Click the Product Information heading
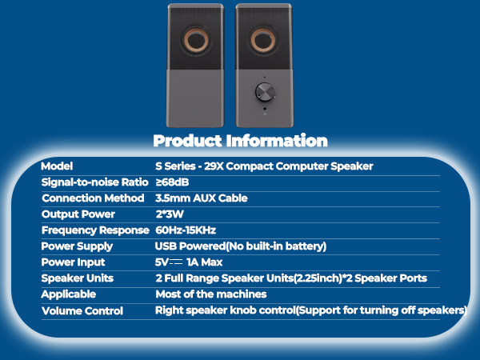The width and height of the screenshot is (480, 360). click(240, 142)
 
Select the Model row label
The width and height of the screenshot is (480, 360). click(57, 166)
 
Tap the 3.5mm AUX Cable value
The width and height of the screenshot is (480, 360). click(202, 198)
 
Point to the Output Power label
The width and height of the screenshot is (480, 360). click(78, 214)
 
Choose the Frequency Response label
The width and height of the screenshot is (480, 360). click(95, 230)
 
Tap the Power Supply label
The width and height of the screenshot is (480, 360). click(77, 246)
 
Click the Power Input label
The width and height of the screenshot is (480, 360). click(73, 262)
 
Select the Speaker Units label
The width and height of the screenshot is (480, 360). click(78, 278)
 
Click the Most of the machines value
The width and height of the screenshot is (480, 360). click(211, 294)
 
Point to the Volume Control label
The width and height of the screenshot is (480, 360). click(82, 310)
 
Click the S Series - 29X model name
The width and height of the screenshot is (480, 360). click(264, 166)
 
